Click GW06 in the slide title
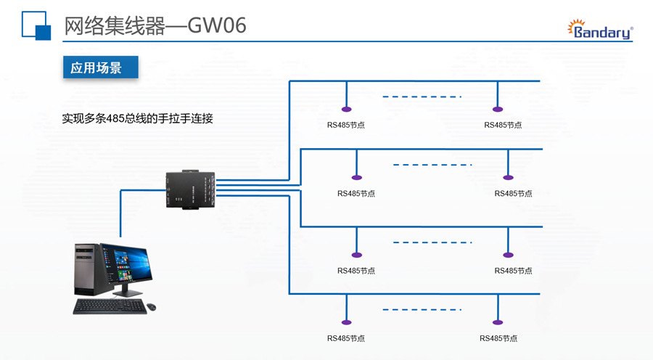point(217,25)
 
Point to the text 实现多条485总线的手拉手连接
point(137,118)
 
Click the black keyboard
point(110,306)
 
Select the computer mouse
point(152,307)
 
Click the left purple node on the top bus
point(346,110)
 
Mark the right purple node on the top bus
point(497,110)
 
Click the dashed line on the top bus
point(422,97)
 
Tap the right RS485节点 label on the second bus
point(513,194)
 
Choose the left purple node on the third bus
point(356,255)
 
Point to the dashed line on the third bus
point(432,242)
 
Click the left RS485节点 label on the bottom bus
point(346,338)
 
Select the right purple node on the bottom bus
point(497,323)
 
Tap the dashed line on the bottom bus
point(422,310)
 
